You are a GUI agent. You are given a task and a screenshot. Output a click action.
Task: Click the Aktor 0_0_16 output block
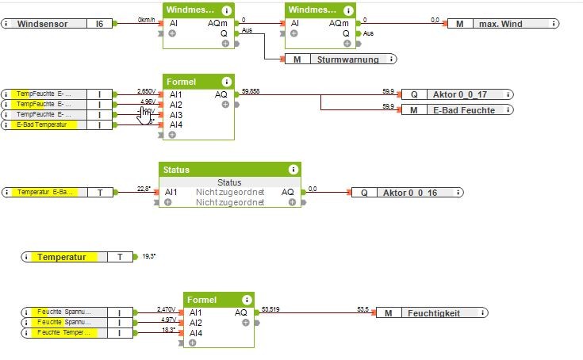(405, 193)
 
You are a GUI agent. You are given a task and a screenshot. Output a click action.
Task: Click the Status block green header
(230, 169)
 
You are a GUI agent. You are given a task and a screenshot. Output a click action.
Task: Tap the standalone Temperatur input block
(71, 257)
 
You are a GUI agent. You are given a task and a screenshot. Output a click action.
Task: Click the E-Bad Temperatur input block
(48, 124)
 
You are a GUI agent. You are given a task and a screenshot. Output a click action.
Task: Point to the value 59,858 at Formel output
(251, 91)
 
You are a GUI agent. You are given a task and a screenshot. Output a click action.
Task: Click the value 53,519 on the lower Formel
(270, 309)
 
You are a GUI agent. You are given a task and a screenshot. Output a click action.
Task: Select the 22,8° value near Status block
(144, 188)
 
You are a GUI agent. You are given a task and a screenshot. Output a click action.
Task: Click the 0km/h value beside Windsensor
(146, 19)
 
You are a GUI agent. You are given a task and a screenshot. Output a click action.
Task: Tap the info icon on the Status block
(293, 169)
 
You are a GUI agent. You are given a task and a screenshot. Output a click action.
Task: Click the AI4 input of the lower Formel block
(196, 333)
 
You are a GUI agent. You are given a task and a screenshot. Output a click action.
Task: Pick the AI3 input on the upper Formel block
(175, 115)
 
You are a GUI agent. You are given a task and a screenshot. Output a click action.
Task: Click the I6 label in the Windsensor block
(99, 25)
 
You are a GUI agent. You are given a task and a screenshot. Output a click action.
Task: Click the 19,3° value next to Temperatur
(148, 257)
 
